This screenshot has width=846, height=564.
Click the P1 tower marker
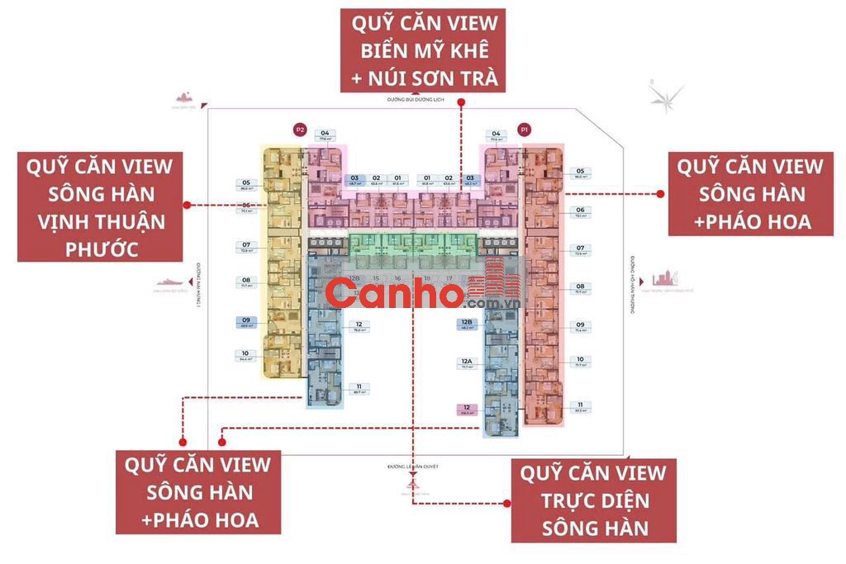[x=523, y=130]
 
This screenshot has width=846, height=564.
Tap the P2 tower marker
[x=300, y=130]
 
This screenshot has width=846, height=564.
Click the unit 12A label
[x=467, y=363]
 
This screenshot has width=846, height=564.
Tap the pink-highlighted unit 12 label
[x=467, y=410]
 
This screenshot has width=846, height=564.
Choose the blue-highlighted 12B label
[x=467, y=323]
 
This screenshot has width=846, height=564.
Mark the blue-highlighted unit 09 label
[x=246, y=322]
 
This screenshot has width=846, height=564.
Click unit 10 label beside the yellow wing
[x=246, y=356]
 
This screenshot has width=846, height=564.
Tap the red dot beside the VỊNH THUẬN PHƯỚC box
[x=187, y=204]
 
